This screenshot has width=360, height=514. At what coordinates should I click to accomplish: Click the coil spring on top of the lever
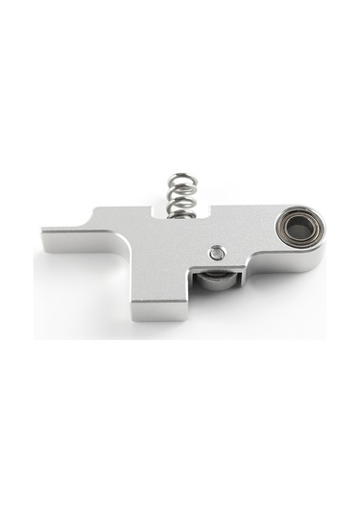pyautogui.click(x=181, y=195)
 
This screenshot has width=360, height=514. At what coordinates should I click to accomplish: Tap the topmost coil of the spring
pyautogui.click(x=180, y=178)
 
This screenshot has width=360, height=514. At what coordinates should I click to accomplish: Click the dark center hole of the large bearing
pyautogui.click(x=298, y=229)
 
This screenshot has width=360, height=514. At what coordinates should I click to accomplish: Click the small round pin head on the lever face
pyautogui.click(x=218, y=253)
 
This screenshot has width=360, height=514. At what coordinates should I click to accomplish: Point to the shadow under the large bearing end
pyautogui.click(x=288, y=274)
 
